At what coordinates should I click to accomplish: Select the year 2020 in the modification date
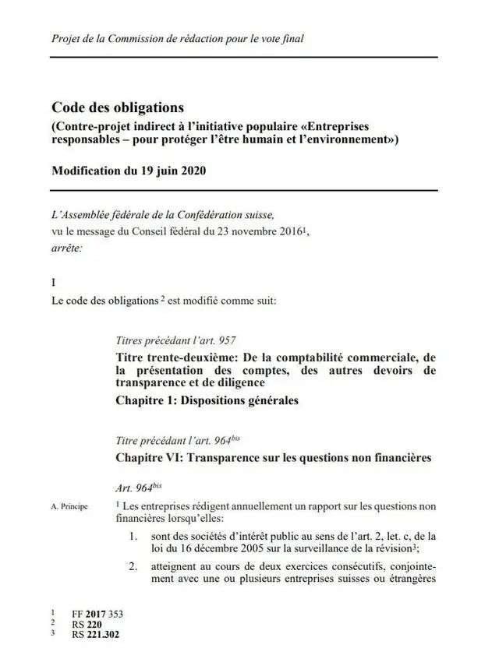tap(190, 171)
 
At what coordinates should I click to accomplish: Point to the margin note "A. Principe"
tap(69, 507)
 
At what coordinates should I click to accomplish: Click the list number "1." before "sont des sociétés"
tap(135, 535)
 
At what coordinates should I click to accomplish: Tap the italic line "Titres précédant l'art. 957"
tap(175, 340)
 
